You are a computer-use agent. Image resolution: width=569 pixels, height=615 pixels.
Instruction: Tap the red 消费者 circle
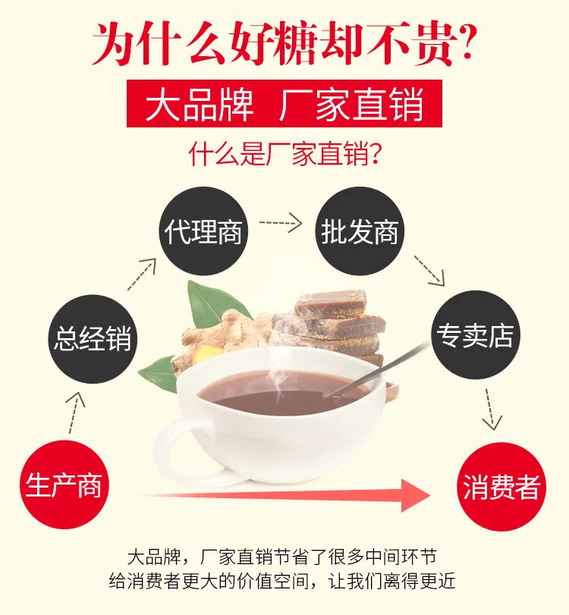[501, 488]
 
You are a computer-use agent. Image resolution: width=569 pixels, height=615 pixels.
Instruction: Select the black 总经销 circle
[92, 337]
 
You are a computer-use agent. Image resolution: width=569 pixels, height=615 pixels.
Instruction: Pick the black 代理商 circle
[203, 231]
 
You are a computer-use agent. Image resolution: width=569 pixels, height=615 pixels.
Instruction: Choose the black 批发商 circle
[360, 231]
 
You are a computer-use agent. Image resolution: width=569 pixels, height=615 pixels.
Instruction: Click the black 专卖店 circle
[473, 335]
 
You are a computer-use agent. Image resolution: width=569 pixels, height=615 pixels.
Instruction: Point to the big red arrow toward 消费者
[288, 495]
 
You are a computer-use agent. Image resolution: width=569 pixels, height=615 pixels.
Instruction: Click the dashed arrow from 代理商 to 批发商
[280, 223]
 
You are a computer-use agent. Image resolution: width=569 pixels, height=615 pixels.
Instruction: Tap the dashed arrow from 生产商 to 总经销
[74, 413]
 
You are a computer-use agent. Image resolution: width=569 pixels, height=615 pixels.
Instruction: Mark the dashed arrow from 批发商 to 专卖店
[429, 271]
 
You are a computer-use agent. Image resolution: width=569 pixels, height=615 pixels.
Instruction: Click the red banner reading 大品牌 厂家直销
[284, 105]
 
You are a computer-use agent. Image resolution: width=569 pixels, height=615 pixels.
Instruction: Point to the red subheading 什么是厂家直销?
[284, 154]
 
